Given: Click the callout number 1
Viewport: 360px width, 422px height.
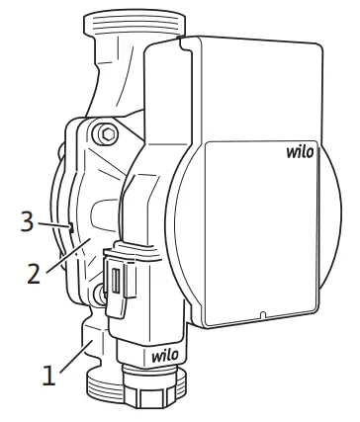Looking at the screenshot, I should point(46,376).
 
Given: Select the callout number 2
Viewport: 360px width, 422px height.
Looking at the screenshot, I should point(34,273).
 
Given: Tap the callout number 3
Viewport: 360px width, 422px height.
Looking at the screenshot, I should point(27,222).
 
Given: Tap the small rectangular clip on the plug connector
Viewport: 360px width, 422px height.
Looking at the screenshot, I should point(117,281).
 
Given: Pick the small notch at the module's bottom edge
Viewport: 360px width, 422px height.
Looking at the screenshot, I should point(261,317).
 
